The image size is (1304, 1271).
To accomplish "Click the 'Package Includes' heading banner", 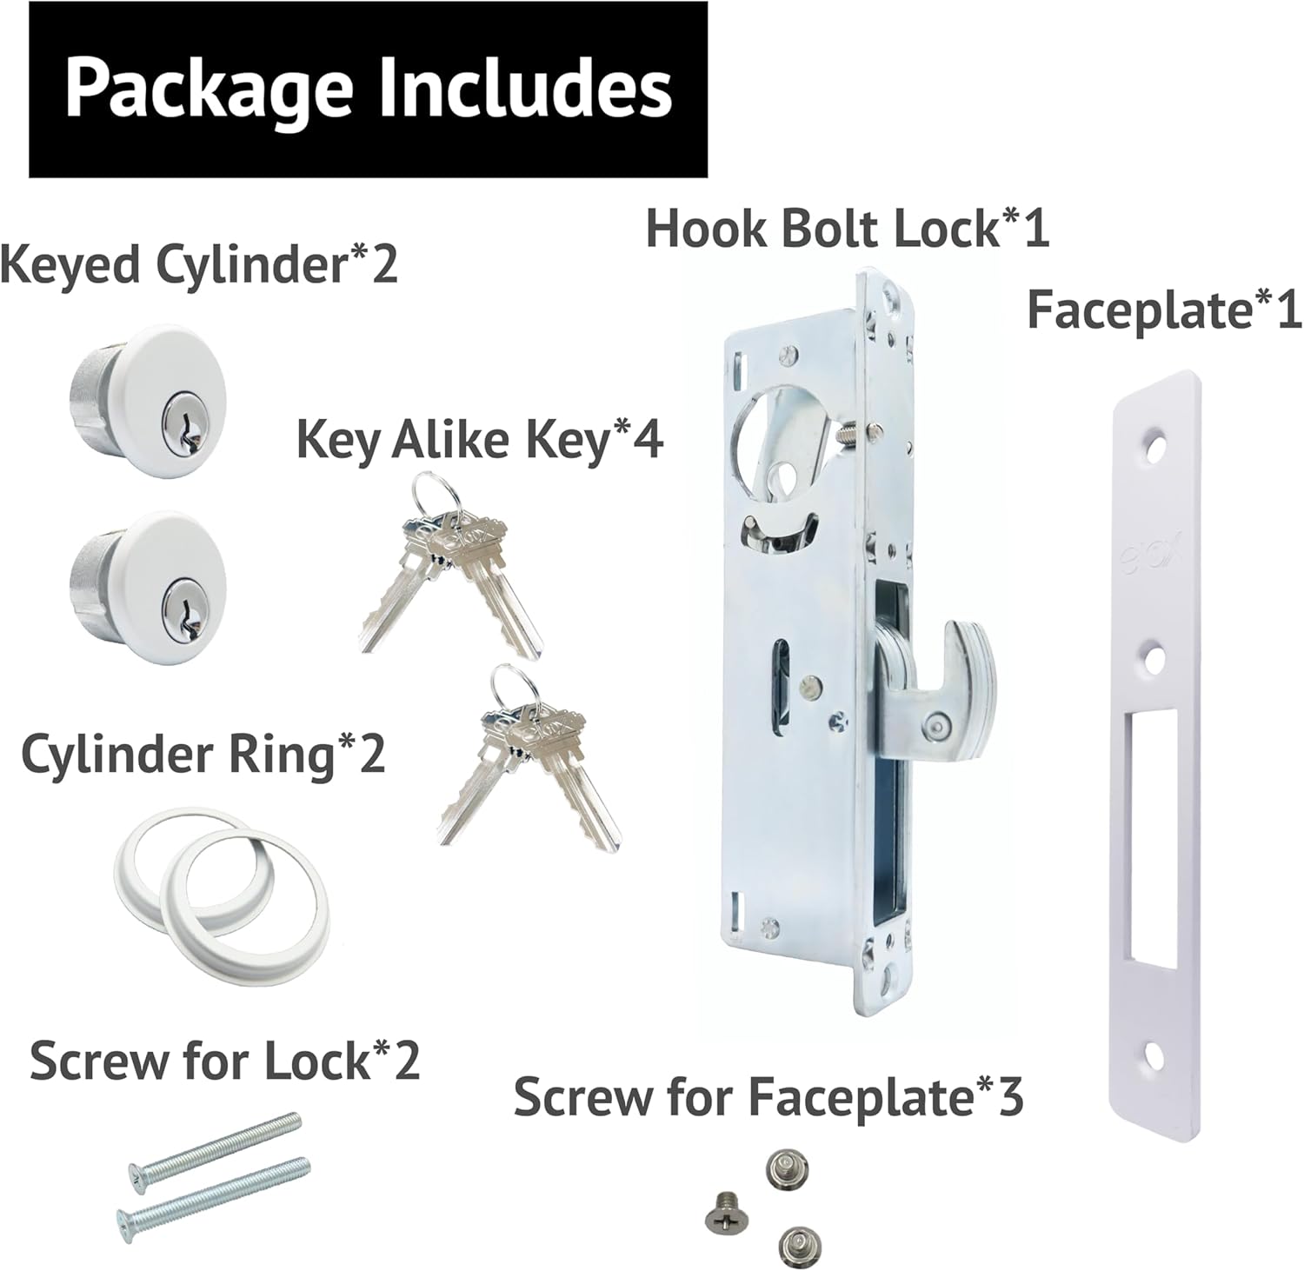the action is [368, 90].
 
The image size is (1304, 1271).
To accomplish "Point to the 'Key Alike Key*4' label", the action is [480, 440].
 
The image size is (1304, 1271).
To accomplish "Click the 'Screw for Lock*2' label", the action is [225, 1061].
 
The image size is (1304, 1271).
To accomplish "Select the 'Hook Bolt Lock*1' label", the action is [848, 228].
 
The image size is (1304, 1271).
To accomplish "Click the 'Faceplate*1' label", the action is [1165, 310].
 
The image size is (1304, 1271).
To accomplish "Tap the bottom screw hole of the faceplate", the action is [1154, 1054].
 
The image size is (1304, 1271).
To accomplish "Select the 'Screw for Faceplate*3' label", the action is [768, 1097].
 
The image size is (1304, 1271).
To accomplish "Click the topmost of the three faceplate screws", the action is [788, 1166].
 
